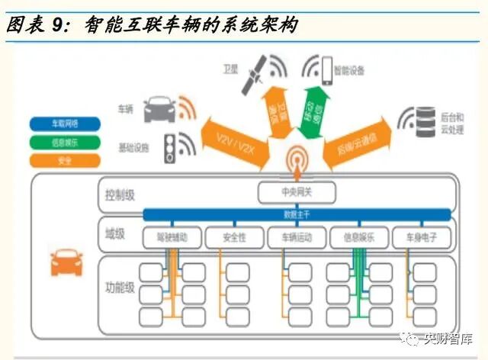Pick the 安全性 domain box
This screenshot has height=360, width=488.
click(x=235, y=238)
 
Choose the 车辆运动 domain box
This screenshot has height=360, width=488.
click(x=297, y=238)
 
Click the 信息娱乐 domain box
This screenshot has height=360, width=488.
click(x=359, y=238)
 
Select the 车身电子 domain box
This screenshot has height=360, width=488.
click(x=421, y=238)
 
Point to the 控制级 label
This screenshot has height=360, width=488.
click(x=120, y=195)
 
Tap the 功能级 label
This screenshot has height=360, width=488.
click(x=120, y=288)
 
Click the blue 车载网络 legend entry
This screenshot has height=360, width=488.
click(x=65, y=124)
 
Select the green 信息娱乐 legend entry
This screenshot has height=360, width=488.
click(x=65, y=142)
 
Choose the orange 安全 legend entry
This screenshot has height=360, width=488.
click(x=65, y=160)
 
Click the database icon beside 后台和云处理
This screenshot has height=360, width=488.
click(x=423, y=122)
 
